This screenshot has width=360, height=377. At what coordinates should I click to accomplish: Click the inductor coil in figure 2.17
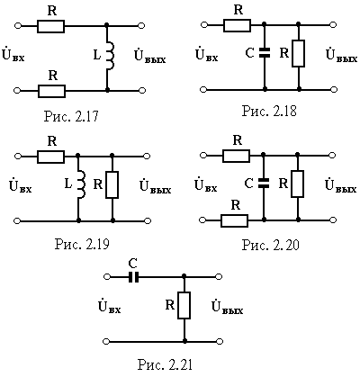coord(111,55)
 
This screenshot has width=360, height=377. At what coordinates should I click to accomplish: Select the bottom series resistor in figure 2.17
coord(51,91)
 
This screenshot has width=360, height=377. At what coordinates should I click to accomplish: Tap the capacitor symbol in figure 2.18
coord(265,52)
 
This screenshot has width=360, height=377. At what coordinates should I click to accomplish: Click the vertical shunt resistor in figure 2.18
coord(299,53)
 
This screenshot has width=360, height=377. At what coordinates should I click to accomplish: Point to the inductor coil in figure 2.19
coord(82,184)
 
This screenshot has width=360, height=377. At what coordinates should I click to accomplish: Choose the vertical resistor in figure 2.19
coord(112,184)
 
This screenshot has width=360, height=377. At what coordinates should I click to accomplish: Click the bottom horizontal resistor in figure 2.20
coord(235,220)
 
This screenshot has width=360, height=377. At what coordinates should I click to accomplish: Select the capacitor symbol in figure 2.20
coord(264,184)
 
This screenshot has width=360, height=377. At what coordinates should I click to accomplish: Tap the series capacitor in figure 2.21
coord(133,277)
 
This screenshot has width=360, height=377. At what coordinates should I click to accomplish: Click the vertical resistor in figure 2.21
coord(184,305)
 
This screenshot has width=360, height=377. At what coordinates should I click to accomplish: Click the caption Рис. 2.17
coord(71,116)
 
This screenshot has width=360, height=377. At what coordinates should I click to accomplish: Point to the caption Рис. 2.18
coord(269,111)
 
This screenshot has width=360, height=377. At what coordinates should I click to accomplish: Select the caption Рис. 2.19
coord(82,245)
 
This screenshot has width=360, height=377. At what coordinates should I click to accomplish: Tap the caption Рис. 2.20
coord(271,245)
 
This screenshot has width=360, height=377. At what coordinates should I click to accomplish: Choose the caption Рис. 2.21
coord(165,364)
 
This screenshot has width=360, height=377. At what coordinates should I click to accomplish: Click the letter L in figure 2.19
coord(68,184)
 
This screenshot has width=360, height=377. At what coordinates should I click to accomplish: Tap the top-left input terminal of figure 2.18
coord(204,25)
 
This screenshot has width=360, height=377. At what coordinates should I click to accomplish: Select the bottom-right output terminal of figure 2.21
coord(220,341)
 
